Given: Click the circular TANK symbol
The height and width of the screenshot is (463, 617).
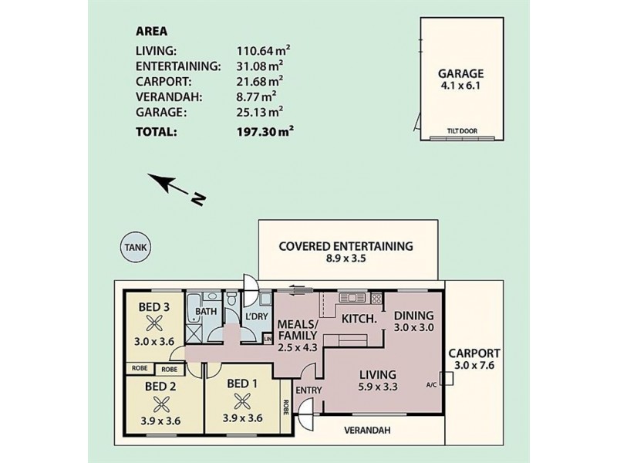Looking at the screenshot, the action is tap(136, 247).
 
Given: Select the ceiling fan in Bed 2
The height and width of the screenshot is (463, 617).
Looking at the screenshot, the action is tap(160, 404).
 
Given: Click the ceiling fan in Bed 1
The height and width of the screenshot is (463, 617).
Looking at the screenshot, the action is tap(241, 401).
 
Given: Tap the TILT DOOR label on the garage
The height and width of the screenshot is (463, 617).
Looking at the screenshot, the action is tap(462, 131).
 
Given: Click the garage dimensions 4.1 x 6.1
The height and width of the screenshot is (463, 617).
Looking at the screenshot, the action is tap(460, 85).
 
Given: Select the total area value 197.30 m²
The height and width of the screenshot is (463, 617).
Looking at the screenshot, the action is tap(265, 131).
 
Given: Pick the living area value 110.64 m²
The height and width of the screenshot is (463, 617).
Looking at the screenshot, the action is tap(264, 51).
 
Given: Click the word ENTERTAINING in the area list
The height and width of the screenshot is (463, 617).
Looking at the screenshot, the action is tap(178, 66).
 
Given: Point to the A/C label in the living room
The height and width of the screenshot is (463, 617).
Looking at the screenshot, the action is tap(431, 384).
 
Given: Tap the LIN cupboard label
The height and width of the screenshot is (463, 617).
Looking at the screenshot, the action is tap(268, 339).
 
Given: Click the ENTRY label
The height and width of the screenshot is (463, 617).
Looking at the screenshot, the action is tap(309, 390).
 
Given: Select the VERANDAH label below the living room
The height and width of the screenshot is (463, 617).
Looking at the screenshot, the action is tap(367, 430).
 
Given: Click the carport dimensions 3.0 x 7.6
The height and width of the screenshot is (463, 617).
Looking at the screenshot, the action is tap(474, 365).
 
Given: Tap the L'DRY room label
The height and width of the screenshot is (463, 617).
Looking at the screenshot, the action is tap(257, 316).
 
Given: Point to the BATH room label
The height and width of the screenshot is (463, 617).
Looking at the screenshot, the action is tap(206, 311).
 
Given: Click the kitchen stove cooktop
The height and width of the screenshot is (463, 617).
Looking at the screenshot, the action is tap(376, 298).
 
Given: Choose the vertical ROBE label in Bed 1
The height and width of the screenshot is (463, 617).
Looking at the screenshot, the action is tap(285, 407).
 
